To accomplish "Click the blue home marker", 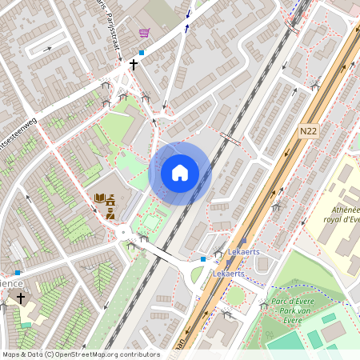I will click(x=180, y=171).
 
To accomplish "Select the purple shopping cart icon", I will click(x=144, y=33).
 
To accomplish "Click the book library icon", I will click(x=100, y=198).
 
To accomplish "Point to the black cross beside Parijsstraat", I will click(x=133, y=63).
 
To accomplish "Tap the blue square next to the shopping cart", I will click(x=142, y=52).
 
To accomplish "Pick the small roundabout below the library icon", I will click(x=122, y=233).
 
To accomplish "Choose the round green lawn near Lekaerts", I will click(x=234, y=295).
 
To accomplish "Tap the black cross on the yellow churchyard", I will click(x=20, y=298).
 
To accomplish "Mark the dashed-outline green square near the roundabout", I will click(x=151, y=219).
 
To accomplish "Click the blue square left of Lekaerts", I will click(x=203, y=259).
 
